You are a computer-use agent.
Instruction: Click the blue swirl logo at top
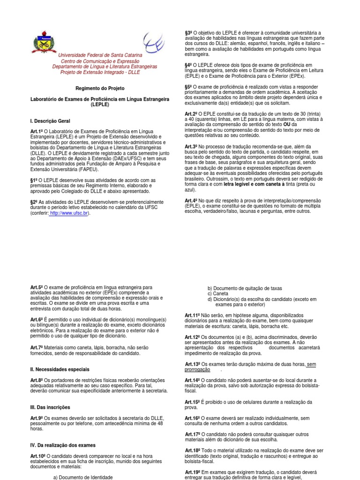click(154, 42)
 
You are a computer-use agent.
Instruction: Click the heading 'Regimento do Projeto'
click(100, 88)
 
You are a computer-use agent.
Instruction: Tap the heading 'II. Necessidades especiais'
click(60, 369)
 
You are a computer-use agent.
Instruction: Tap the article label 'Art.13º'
click(193, 364)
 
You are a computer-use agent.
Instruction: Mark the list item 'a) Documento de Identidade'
click(82, 476)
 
